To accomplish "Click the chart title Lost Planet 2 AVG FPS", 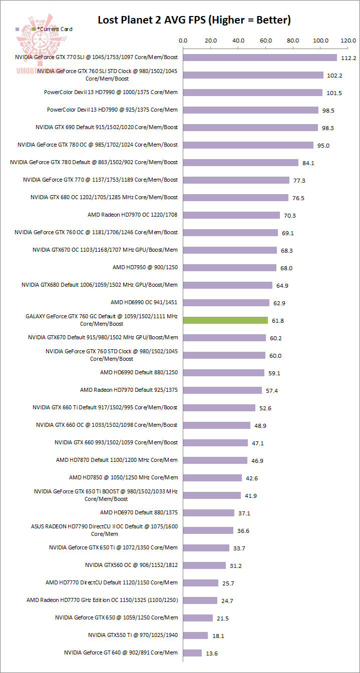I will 194,20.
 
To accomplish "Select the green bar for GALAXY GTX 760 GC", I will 226,320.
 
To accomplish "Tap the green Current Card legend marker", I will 34,30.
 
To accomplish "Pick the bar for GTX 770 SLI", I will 260,58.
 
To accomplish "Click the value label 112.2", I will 348,58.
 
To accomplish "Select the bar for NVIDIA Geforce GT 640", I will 192,653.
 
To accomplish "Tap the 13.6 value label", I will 213,653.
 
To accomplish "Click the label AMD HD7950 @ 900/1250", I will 145,267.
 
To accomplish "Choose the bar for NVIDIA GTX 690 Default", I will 250,128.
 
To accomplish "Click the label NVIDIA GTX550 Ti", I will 133,635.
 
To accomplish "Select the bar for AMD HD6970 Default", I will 209,513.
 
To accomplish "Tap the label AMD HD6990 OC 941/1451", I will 144,302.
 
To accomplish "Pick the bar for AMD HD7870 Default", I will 215,460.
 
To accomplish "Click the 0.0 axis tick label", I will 183,41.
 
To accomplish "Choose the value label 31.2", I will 237,566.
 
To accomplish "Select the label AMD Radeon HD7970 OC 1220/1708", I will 133,215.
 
